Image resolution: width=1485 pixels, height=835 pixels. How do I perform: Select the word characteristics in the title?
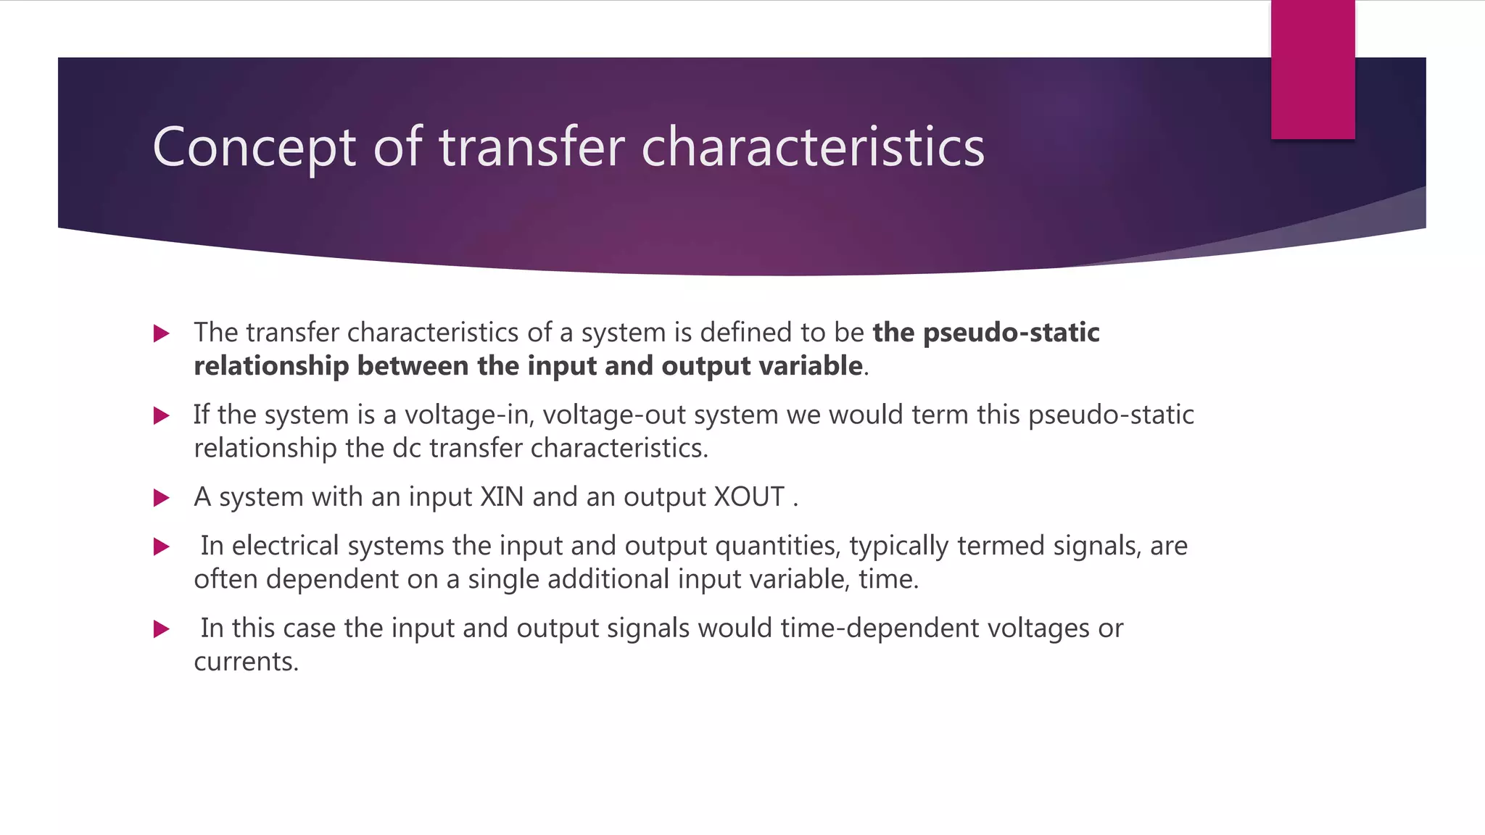pos(813,147)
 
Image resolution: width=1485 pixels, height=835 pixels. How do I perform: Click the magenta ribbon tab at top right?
pos(1312,70)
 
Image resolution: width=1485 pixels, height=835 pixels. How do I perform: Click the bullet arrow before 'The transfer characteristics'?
pos(162,333)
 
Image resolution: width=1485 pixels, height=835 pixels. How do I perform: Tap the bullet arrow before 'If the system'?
pos(162,415)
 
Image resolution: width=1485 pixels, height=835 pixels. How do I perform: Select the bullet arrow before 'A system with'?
pos(162,498)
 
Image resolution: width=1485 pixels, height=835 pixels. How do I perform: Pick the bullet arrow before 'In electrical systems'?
pos(162,547)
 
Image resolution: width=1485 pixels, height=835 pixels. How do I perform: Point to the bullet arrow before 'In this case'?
pos(162,629)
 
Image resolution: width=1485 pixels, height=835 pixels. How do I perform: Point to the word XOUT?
pos(749,497)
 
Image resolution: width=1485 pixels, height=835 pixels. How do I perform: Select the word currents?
pos(246,662)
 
